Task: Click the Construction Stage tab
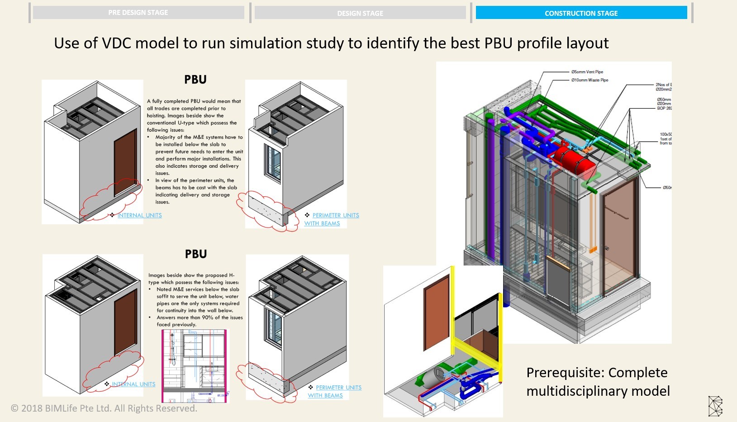[581, 13]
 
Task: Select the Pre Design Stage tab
[138, 13]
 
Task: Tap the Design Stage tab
[360, 13]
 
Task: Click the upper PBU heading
[195, 80]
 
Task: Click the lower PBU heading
[196, 254]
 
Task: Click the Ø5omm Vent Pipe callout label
[587, 72]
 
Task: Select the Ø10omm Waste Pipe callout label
[590, 80]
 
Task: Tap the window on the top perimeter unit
[272, 164]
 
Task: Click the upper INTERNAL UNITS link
[139, 215]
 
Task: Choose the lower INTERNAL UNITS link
[133, 384]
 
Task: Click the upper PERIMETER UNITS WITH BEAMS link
[335, 216]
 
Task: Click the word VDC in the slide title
[116, 43]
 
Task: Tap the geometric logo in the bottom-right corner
[715, 406]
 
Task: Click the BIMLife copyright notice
[104, 408]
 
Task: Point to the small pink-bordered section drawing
[195, 365]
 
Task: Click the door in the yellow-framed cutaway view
[437, 312]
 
